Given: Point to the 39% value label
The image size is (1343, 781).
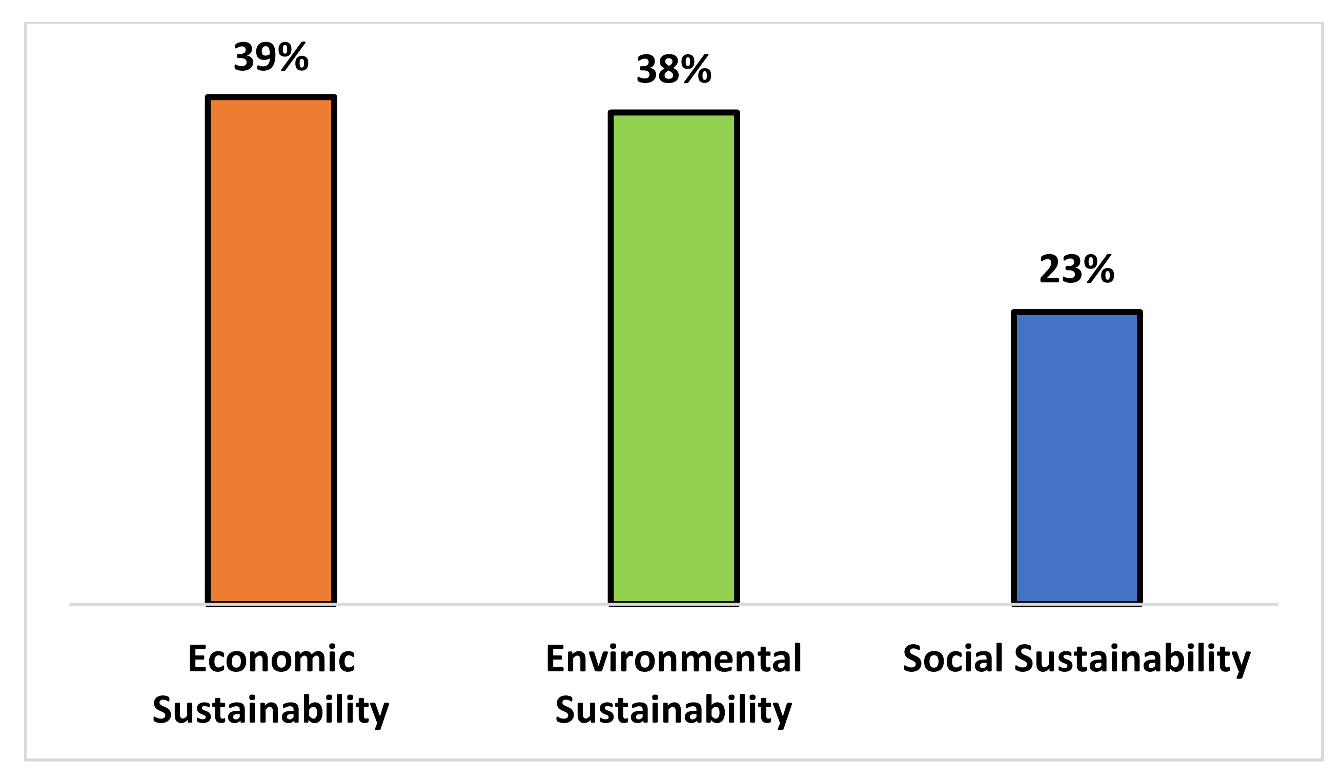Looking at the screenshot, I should click(271, 56).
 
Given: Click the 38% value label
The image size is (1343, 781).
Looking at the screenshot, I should click(674, 69).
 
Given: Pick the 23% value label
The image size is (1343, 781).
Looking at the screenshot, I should click(1076, 269).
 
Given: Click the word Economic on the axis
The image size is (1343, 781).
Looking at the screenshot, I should click(271, 660).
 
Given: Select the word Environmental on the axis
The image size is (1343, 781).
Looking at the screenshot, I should click(674, 660).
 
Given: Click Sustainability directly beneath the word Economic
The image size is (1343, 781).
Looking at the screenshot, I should click(271, 710).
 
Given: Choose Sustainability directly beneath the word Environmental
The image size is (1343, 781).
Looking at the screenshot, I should click(674, 710).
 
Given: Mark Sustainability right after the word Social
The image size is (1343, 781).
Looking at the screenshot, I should click(1132, 661).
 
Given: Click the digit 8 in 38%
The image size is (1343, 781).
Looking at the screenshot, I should click(668, 69).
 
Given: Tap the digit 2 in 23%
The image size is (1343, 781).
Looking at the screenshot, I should click(1049, 269).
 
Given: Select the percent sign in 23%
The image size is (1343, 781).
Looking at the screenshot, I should click(1098, 269).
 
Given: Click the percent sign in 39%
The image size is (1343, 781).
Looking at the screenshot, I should click(293, 56).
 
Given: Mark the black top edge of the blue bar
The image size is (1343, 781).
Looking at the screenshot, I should click(1076, 312).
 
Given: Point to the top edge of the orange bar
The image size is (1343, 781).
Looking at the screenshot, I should click(271, 97).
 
